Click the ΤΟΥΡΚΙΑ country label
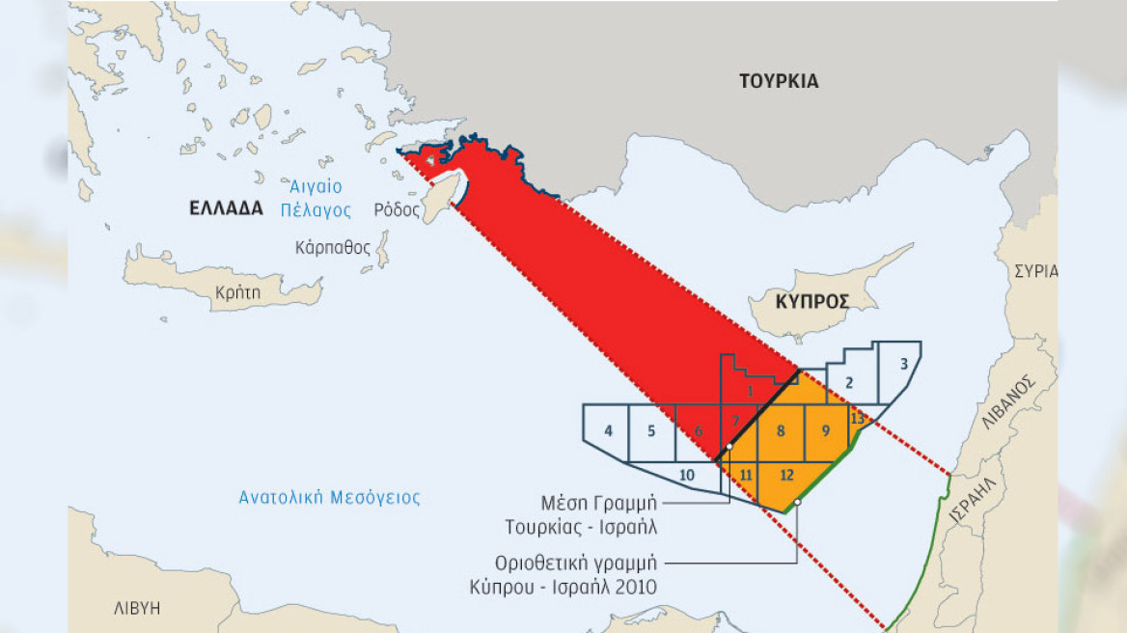779,81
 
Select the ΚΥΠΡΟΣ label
811,302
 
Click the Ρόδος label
398,209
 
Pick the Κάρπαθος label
333,247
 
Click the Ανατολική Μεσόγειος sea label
330,498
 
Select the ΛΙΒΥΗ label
135,608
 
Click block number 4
608,430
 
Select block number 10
686,475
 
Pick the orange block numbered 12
786,475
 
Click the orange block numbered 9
825,430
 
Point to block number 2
849,383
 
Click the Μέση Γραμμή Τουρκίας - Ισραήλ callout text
593,514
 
